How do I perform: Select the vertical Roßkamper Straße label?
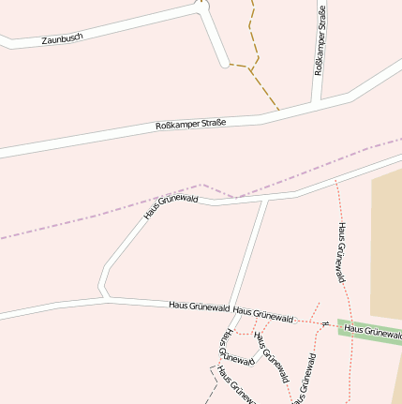coord(319,52)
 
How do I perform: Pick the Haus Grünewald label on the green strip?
coord(372,331)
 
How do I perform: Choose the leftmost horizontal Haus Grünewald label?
coord(199,306)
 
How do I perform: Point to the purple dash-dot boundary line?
coord(94,217)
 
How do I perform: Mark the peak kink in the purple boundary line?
coord(201,184)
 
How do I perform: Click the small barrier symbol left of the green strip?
coord(322,323)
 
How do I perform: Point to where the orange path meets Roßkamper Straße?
coord(279,112)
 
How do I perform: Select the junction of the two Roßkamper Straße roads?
coord(317,102)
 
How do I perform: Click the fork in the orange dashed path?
coord(250,67)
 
